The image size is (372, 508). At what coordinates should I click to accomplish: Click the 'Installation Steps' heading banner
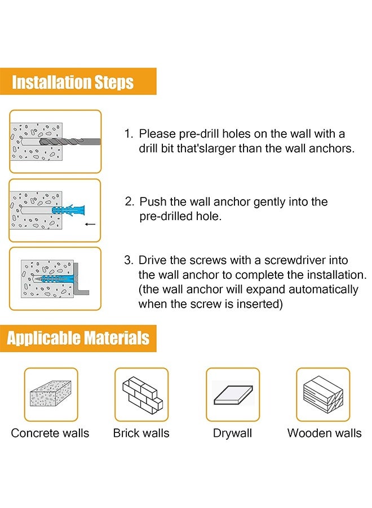[78, 81]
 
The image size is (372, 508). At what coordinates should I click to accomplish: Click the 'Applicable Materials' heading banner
[78, 338]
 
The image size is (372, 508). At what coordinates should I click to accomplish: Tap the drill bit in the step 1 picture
[70, 142]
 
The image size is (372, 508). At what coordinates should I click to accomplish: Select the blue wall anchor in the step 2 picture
[68, 209]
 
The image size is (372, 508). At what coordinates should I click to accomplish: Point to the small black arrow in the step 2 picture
[90, 224]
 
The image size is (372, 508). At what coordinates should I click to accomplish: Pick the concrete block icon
[51, 393]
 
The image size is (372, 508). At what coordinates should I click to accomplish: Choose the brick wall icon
[143, 394]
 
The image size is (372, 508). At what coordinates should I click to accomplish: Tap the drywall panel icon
[233, 395]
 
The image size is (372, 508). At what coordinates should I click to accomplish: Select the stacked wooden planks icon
[323, 395]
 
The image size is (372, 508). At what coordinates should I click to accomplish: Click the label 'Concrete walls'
[50, 433]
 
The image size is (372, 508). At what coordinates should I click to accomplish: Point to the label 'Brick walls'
[141, 433]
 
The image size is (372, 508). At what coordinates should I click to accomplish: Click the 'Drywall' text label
[233, 433]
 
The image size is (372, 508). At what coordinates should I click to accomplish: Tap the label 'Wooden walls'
[325, 433]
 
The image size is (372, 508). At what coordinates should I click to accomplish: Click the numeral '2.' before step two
[130, 202]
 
